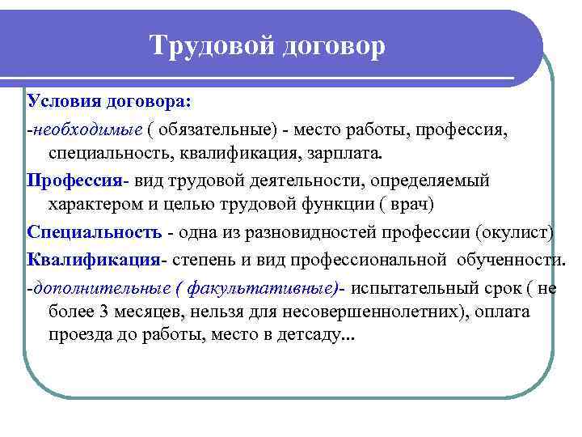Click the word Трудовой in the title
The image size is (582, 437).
coord(212,45)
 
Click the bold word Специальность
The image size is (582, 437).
coord(95,232)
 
